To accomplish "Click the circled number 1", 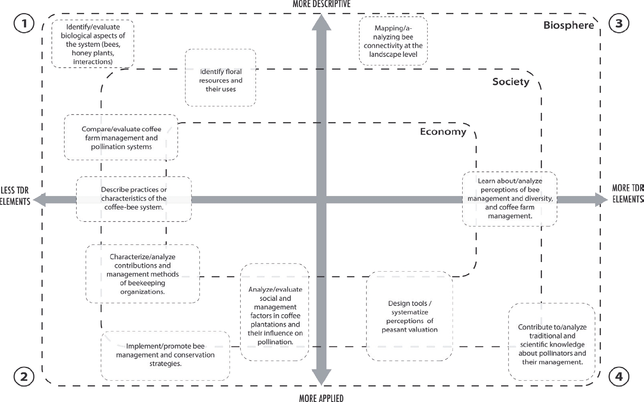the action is click(x=24, y=23).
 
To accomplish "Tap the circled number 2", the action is click(x=24, y=377).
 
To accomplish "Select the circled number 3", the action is click(x=619, y=23).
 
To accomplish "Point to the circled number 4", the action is click(x=619, y=377).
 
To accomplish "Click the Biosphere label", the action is click(x=568, y=25).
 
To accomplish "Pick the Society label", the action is click(x=511, y=81).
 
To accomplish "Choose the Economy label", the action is click(x=443, y=132).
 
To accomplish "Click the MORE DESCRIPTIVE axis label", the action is click(x=321, y=4).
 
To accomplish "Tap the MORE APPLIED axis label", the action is click(x=321, y=398).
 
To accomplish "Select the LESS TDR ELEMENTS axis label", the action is click(x=15, y=196).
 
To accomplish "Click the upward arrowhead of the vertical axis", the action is click(x=321, y=23).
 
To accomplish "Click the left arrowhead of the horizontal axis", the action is click(x=39, y=200).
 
